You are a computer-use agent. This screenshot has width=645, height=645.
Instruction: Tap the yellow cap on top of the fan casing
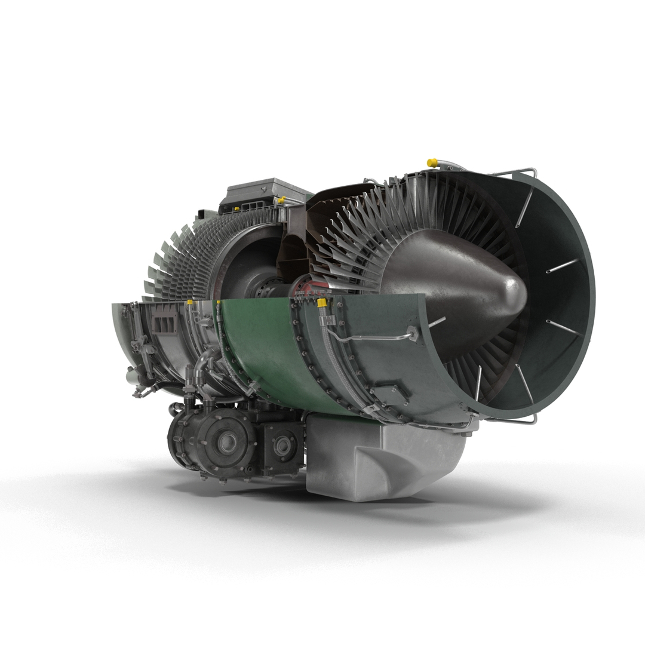point(432,162)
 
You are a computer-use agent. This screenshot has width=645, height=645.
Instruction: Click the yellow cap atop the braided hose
point(322,303)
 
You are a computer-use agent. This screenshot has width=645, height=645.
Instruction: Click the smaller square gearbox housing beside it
point(281,445)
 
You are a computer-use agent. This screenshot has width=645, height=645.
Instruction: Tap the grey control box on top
point(266,194)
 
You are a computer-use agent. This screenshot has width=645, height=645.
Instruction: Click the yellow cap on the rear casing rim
point(191,303)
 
